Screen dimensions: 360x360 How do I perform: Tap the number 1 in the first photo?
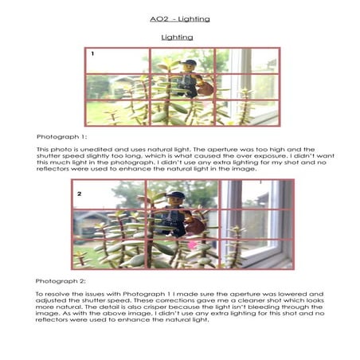tap(92, 54)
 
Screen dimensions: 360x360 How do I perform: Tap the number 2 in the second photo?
tap(79, 194)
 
